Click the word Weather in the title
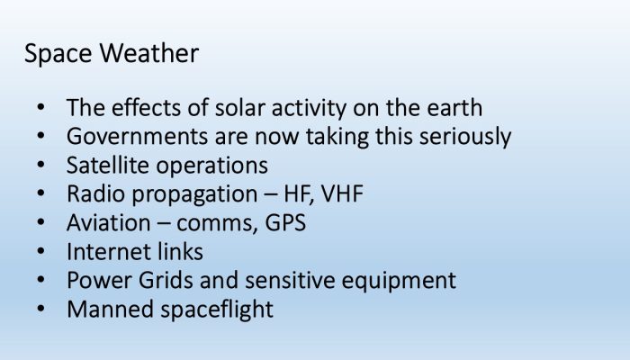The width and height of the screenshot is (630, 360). (x=149, y=53)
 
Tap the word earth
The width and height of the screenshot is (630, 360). (x=454, y=108)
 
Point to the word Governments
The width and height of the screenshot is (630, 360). (x=137, y=136)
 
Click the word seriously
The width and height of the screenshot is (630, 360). (x=465, y=137)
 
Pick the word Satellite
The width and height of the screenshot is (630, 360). (x=107, y=165)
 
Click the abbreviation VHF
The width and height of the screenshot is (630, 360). (x=342, y=193)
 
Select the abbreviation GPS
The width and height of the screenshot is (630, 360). (x=285, y=222)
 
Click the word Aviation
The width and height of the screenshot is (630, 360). (x=109, y=222)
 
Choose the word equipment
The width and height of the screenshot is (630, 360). (x=399, y=281)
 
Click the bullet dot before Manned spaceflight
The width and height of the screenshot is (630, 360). (x=40, y=309)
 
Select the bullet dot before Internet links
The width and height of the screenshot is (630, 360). (x=40, y=251)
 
